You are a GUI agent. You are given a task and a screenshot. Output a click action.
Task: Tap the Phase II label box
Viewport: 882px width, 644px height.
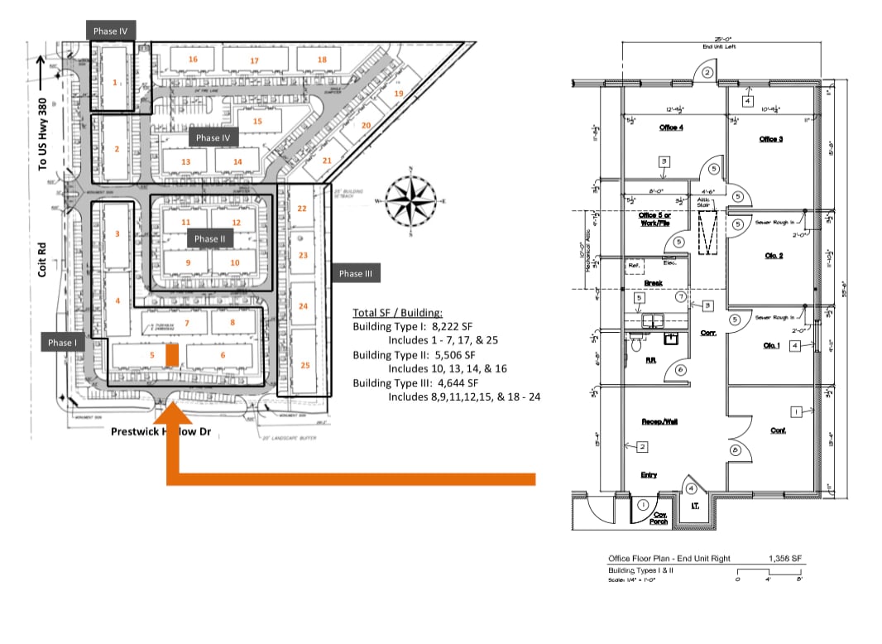207,238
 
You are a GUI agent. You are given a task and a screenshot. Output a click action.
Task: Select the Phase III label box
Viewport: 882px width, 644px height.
356,274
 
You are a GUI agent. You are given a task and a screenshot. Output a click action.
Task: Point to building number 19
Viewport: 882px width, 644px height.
398,94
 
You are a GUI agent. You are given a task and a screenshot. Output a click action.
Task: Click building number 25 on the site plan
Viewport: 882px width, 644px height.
304,365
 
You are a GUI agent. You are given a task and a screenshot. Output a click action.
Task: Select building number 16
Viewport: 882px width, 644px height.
193,60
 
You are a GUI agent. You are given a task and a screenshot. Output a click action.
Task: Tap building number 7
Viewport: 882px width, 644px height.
187,323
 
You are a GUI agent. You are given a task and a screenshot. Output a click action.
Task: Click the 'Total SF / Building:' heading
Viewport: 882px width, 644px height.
397,313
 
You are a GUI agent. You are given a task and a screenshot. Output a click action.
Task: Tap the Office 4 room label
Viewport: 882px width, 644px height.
670,127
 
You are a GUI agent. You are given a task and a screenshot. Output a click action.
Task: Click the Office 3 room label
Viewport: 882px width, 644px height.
770,139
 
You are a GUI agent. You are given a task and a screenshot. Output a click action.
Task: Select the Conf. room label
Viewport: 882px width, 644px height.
778,430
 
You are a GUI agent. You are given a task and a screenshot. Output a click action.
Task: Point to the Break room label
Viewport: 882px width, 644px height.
653,282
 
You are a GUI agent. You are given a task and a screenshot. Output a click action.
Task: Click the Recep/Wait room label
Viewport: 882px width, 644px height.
659,421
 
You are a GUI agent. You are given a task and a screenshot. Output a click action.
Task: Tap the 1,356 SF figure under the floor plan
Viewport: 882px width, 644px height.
785,559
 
